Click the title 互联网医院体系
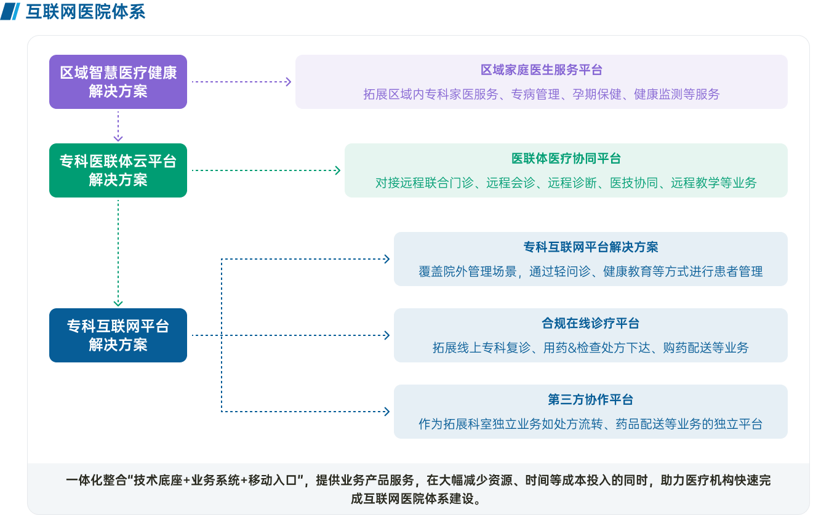pos(86,12)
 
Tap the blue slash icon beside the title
pos(12,11)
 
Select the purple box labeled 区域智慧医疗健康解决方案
pos(118,82)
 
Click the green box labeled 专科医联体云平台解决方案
pos(118,170)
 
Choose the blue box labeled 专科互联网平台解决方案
pos(118,335)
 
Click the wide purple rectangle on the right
pos(541,82)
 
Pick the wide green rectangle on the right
pos(566,170)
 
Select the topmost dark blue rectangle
pos(590,259)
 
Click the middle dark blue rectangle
pos(590,335)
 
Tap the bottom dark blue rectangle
pos(590,412)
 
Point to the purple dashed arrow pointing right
pos(241,82)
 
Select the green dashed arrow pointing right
pos(266,170)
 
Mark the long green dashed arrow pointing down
pos(118,252)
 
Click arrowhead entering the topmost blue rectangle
pos(386,259)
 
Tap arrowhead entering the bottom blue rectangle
pos(386,412)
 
